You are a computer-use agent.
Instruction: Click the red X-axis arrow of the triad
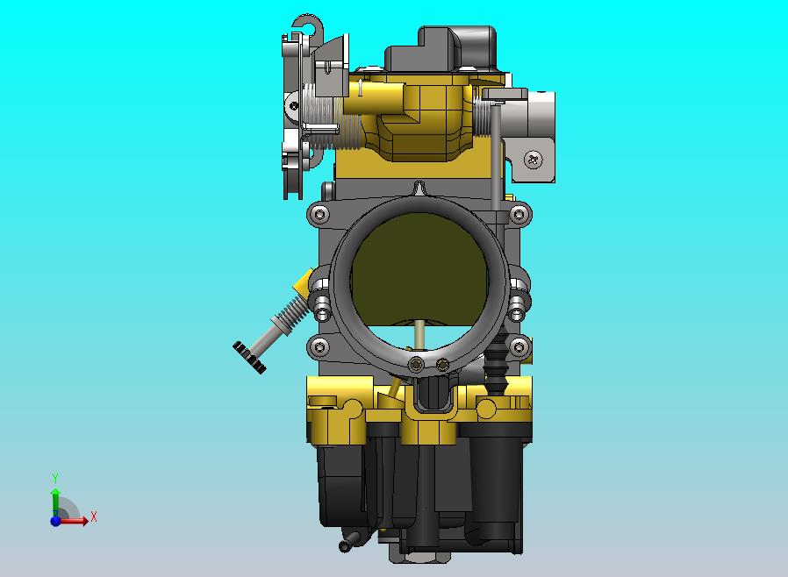pos(77,520)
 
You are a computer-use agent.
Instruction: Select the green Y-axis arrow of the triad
pos(55,500)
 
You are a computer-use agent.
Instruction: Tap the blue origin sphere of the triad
pos(55,520)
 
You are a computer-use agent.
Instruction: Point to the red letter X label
pos(93,517)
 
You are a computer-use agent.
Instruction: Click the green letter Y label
pos(55,479)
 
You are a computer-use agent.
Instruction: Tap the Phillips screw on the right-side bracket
pos(534,159)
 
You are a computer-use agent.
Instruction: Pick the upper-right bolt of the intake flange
pos(519,214)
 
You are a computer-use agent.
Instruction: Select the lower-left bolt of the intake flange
pos(319,347)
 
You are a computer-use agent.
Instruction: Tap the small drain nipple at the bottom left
pos(347,543)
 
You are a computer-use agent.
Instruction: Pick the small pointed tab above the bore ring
pos(421,189)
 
